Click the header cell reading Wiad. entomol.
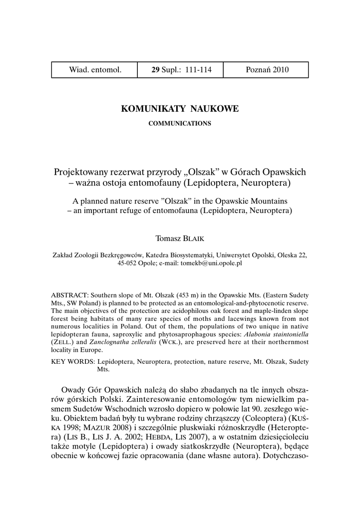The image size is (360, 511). [95, 70]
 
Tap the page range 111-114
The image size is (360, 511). [198, 70]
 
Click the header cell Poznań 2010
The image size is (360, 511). [267, 70]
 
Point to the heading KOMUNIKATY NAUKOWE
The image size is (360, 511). [180, 109]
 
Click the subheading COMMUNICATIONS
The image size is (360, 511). [180, 123]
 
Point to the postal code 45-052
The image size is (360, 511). [128, 263]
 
